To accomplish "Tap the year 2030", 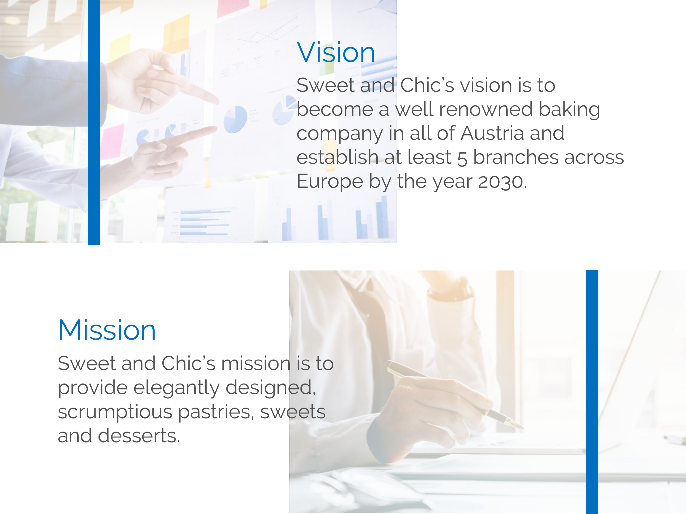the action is pyautogui.click(x=501, y=182).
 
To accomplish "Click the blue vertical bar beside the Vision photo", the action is pyautogui.click(x=94, y=122).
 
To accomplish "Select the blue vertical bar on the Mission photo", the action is pyautogui.click(x=592, y=392).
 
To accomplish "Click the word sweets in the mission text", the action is pyautogui.click(x=293, y=412).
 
